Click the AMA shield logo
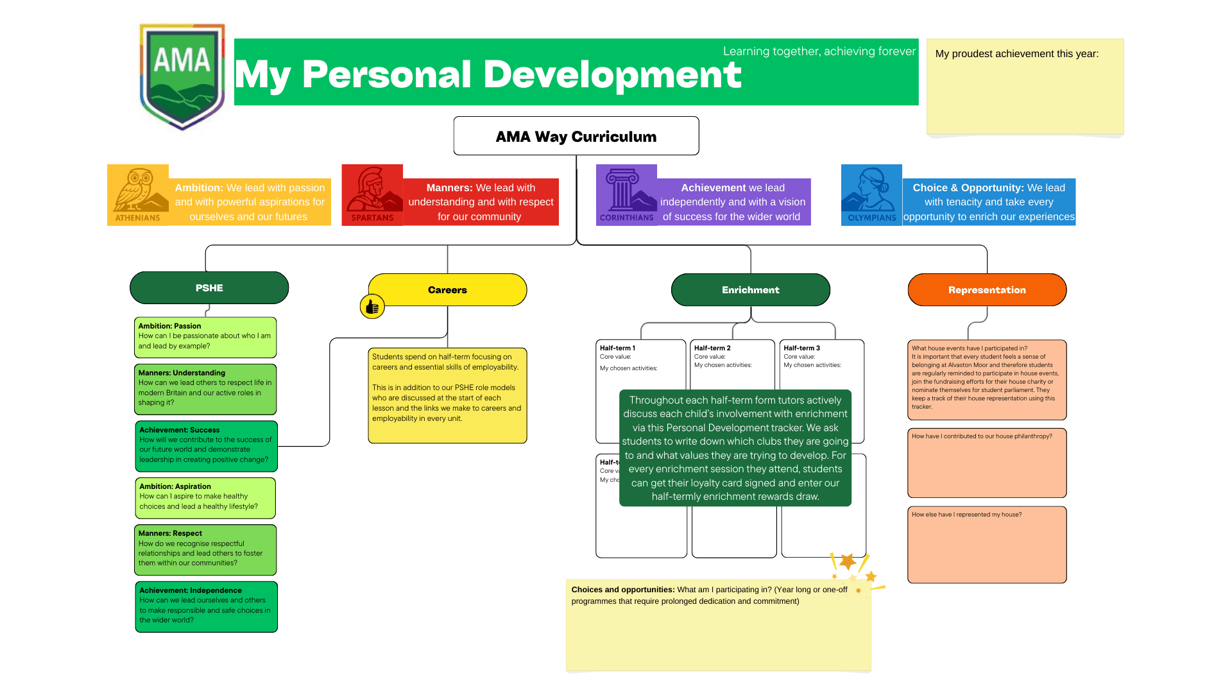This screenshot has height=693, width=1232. pos(182,76)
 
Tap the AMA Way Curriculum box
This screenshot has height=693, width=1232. pos(576,136)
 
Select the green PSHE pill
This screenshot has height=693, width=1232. pos(209,288)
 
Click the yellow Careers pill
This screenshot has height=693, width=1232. pos(447,290)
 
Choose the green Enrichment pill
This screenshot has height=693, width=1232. pos(750,290)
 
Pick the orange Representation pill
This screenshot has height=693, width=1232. pos(987,290)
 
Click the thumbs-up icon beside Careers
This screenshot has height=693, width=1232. pos(372,307)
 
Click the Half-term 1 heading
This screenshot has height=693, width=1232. pos(617,348)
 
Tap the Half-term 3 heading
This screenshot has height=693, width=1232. pos(801,348)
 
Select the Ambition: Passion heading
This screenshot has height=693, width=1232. pos(169,326)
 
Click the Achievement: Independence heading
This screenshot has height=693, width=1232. pos(191,590)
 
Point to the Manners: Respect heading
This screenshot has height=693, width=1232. pos(170,533)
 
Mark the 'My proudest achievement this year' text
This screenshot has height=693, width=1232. pos(1016,54)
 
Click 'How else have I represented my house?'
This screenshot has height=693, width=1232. pos(966,515)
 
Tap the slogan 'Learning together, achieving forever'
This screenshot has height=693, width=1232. pos(819,51)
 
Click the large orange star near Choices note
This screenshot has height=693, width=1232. pos(848,561)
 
